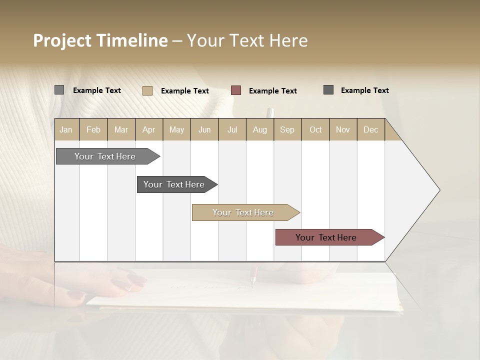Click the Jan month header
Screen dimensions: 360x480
pyautogui.click(x=66, y=129)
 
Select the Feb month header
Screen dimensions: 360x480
pyautogui.click(x=93, y=129)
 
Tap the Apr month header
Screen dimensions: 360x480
pyautogui.click(x=149, y=129)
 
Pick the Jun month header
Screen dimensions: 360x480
pyautogui.click(x=204, y=129)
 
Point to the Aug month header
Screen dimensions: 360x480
pyautogui.click(x=260, y=129)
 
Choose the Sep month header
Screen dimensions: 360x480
pyautogui.click(x=287, y=129)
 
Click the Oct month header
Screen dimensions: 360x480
pyautogui.click(x=315, y=129)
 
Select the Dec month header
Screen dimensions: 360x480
pyautogui.click(x=371, y=129)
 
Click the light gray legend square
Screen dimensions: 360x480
pyautogui.click(x=59, y=90)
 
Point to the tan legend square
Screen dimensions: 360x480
pyautogui.click(x=147, y=90)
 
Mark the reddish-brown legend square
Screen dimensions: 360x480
pyautogui.click(x=236, y=90)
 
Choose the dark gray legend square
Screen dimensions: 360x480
pyautogui.click(x=328, y=90)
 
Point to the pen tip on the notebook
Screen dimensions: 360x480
pyautogui.click(x=252, y=286)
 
